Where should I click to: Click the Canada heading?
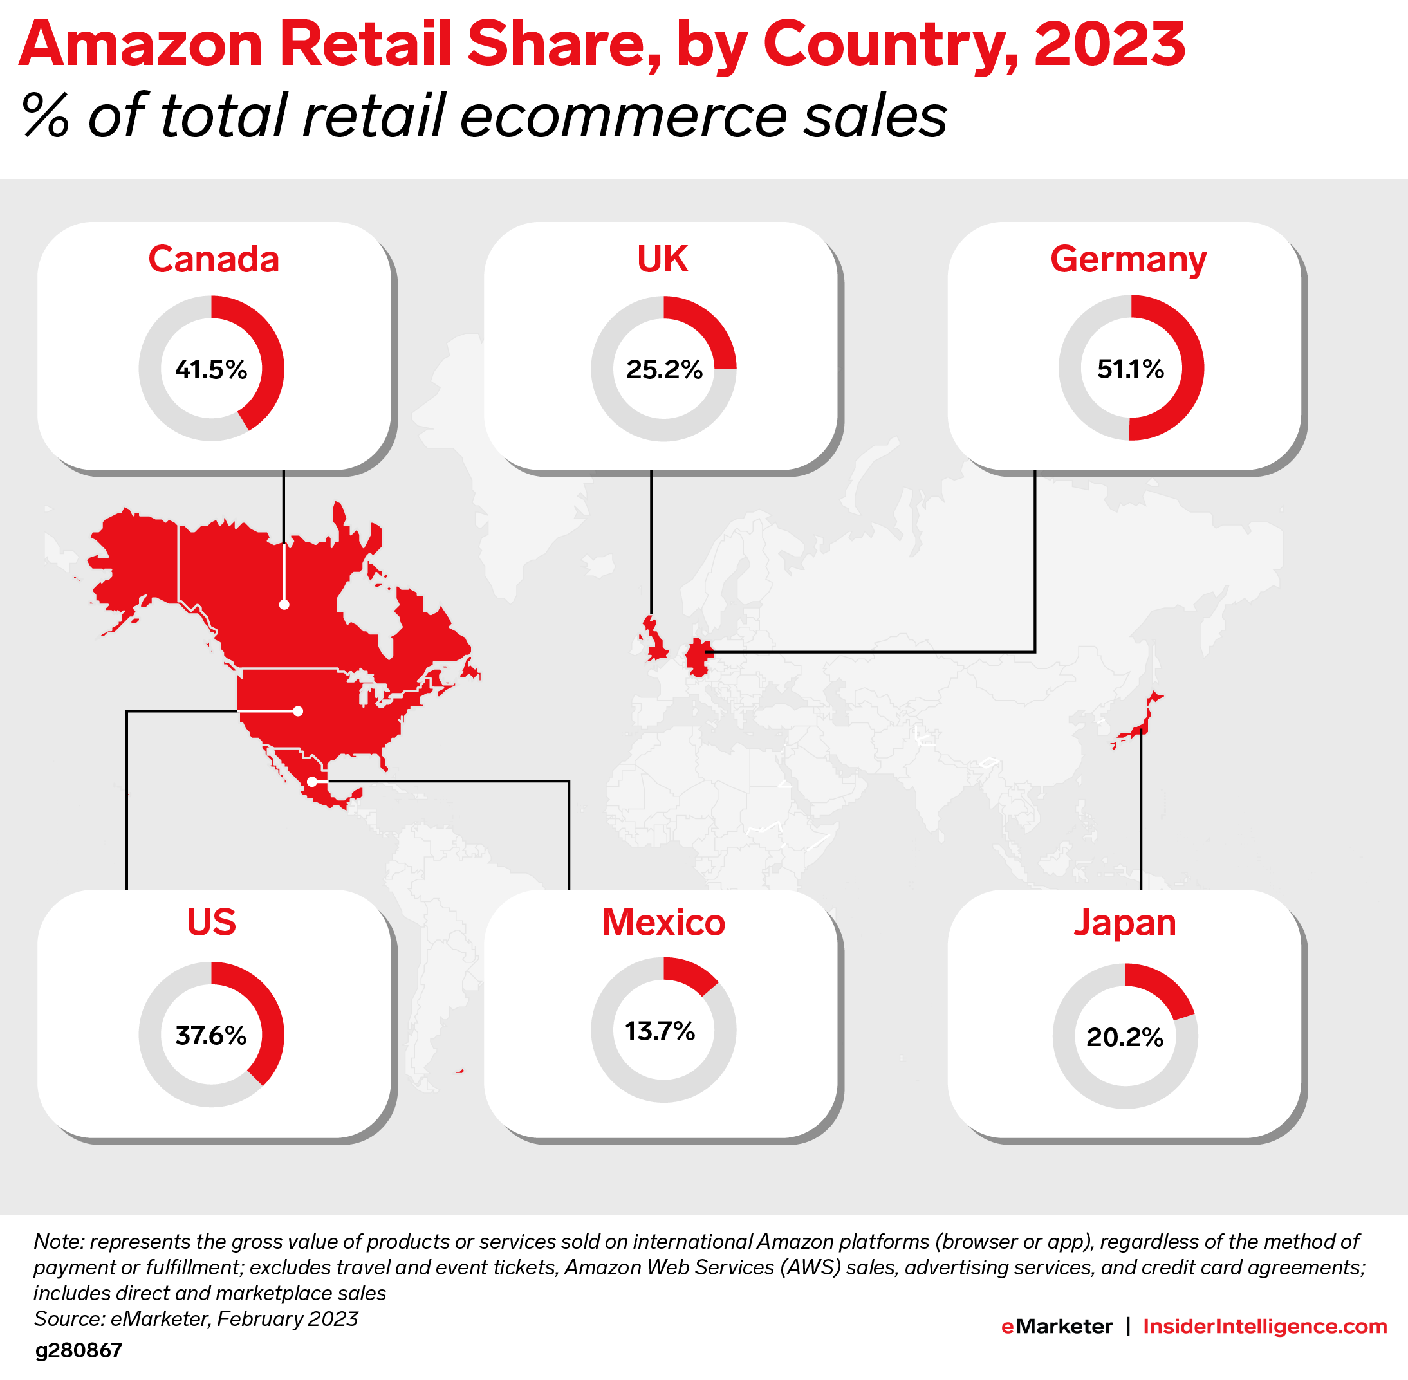213,259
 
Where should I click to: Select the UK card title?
662,259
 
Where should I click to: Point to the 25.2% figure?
664,370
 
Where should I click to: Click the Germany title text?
1128,259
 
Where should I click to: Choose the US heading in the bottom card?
211,922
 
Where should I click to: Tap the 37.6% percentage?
211,1035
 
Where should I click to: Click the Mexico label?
663,922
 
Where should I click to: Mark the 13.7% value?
660,1031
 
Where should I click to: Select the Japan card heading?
1124,922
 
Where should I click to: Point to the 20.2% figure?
1124,1037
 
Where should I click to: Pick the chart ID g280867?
79,1350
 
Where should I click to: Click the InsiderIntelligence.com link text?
1264,1327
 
